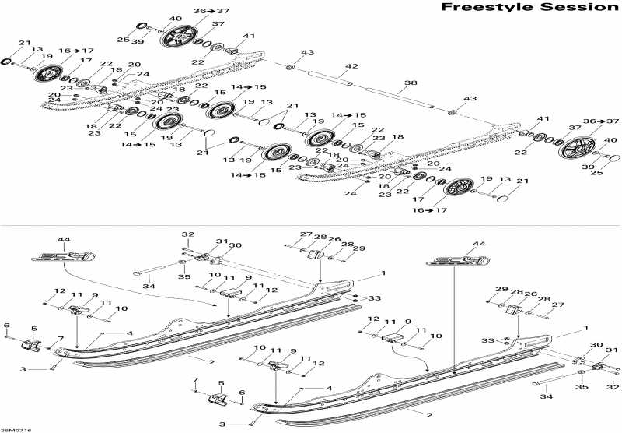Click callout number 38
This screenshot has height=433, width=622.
click(411, 83)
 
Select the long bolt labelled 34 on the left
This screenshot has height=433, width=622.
click(163, 274)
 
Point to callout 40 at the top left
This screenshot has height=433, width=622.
click(176, 19)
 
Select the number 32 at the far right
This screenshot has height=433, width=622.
click(613, 387)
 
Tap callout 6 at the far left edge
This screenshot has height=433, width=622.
click(6, 326)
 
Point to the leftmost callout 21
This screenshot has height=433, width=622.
click(25, 43)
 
